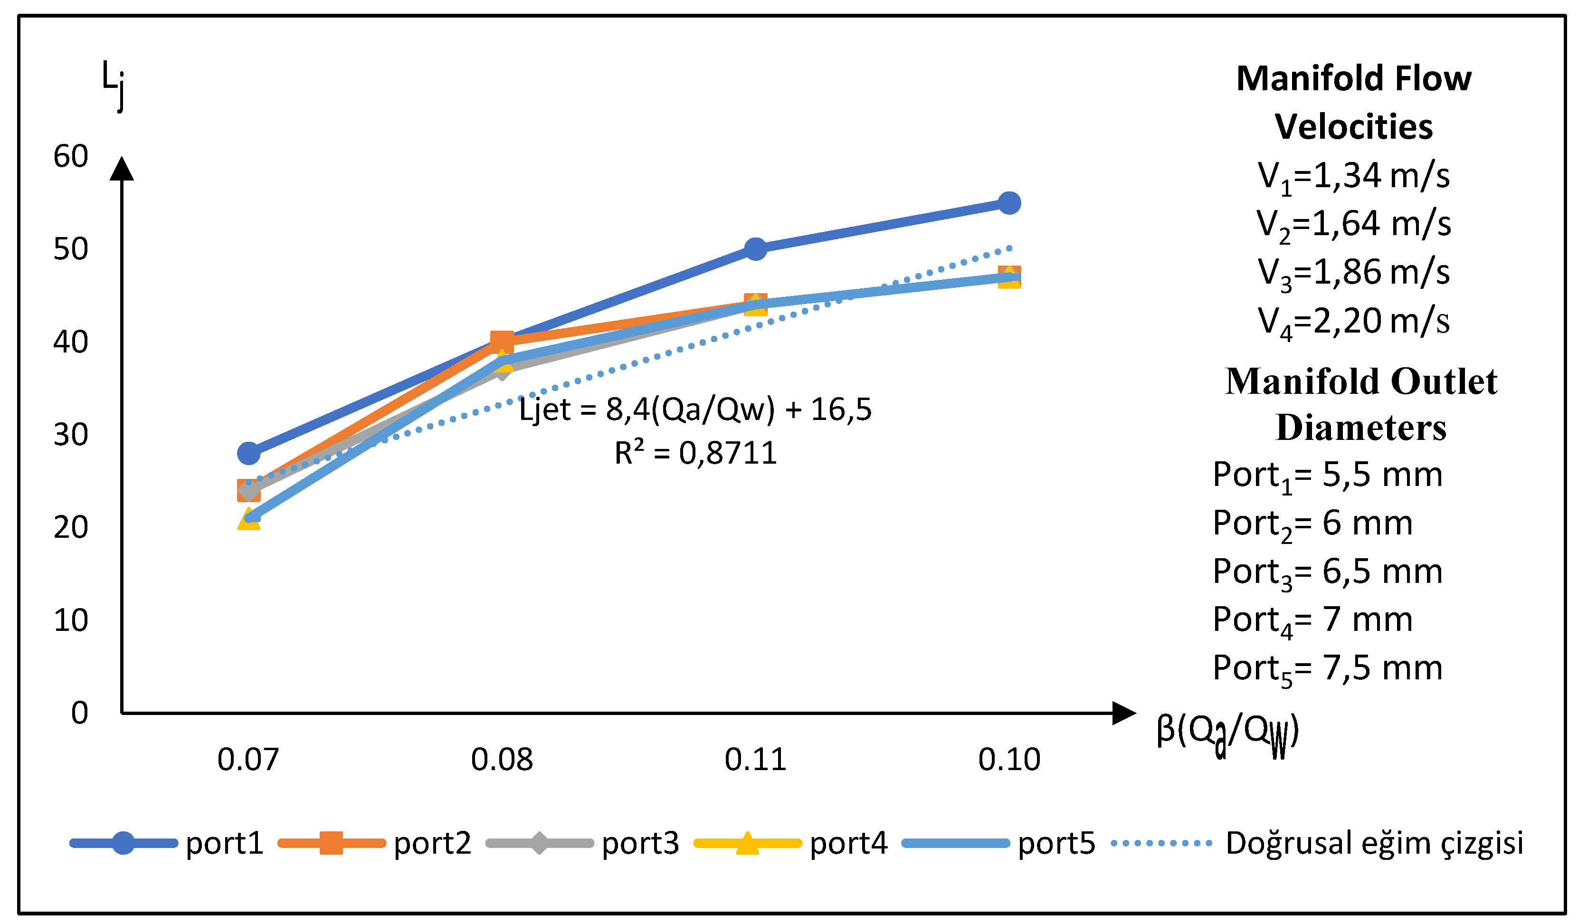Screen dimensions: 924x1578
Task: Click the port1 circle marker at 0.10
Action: (x=1009, y=203)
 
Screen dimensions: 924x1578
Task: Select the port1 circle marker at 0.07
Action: (x=248, y=452)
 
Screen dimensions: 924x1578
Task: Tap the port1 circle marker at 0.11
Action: (x=756, y=249)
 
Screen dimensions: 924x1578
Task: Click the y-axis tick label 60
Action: (x=70, y=157)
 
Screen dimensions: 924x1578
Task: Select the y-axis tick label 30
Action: (x=70, y=435)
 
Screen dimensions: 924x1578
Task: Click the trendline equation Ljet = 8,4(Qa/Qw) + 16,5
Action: (x=695, y=410)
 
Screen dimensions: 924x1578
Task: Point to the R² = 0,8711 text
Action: (x=695, y=453)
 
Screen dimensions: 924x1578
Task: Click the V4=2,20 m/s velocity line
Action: (x=1353, y=321)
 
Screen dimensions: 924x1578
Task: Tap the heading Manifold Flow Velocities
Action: (x=1353, y=102)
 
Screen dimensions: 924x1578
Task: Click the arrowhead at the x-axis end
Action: (x=1123, y=713)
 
